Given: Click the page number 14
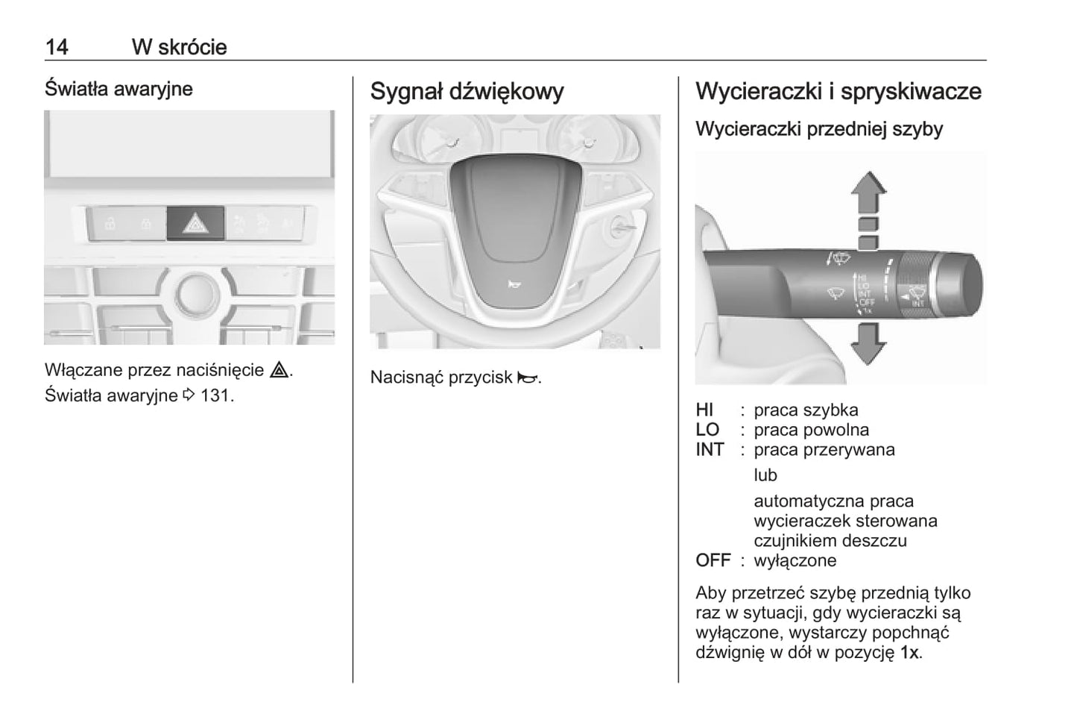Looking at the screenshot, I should pos(57,47).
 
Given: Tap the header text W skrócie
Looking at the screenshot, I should pos(179,47).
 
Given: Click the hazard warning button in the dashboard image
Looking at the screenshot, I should pos(195,222).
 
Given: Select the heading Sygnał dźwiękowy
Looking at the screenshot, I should pos(467,91).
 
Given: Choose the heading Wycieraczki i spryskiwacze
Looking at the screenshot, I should pos(838,91).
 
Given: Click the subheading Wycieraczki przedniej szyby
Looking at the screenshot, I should pos(818,129).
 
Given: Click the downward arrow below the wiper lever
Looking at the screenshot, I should pos(868,345).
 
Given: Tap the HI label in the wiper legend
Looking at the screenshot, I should pos(704,410).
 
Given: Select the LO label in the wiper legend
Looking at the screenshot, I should pos(707,430).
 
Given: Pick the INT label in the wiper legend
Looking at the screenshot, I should pos(710,449).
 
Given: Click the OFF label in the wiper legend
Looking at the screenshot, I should pos(713,560).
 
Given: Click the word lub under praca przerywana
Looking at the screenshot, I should pos(765,475).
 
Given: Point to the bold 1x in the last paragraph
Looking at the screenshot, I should pos(909,652).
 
